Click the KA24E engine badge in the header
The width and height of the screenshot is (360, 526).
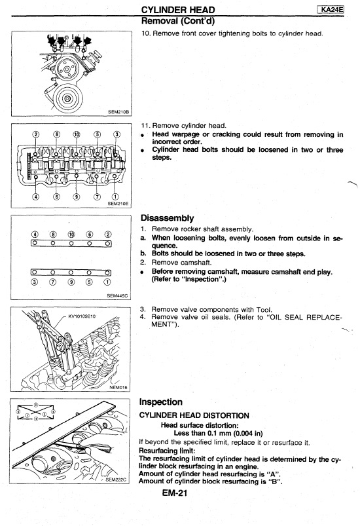tap(331, 9)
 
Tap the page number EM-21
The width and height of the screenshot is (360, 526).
tap(174, 493)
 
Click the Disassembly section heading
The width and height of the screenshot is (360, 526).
tap(168, 218)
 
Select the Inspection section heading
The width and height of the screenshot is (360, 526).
tap(161, 402)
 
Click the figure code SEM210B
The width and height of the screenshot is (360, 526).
tap(118, 112)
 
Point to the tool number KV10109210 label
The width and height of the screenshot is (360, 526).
tap(82, 316)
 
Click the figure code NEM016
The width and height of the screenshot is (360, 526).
tap(118, 387)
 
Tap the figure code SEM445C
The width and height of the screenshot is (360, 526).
tap(117, 295)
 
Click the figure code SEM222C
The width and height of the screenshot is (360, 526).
tap(116, 479)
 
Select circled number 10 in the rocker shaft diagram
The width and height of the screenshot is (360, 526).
tap(71, 235)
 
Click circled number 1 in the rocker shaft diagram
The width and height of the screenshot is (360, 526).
tap(107, 282)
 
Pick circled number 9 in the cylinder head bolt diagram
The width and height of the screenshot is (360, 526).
tap(77, 197)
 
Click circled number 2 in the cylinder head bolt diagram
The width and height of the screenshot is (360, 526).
tap(35, 135)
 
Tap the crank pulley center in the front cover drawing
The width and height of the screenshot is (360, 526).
tap(67, 98)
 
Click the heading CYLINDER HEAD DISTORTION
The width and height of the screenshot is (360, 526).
tap(194, 416)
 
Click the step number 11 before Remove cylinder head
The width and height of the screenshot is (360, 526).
tap(145, 126)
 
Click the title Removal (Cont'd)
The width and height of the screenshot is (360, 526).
tap(178, 21)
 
